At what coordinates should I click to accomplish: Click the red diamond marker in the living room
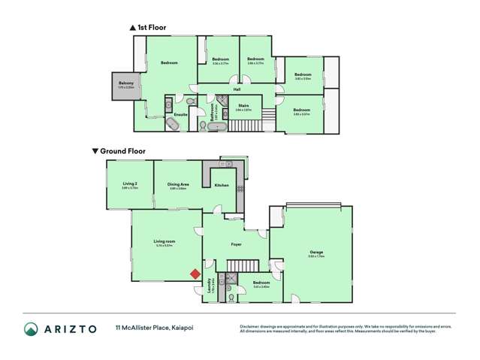[195, 274]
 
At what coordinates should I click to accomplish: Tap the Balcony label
[125, 83]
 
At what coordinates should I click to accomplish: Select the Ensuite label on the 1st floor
[180, 115]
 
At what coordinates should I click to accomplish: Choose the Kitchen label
[221, 185]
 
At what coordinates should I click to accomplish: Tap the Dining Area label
[177, 184]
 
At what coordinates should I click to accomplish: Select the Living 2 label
[130, 184]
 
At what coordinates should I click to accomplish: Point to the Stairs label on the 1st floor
[243, 106]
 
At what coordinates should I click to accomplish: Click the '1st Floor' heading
[151, 28]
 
